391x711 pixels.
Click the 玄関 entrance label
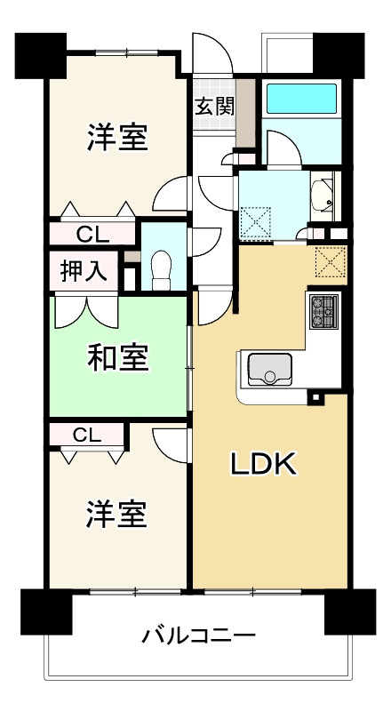214,107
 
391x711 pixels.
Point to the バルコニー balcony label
199,636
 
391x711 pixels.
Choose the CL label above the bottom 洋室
86,435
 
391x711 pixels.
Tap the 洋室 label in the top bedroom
116,138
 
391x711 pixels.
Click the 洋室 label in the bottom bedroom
116,514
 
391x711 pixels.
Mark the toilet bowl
161,268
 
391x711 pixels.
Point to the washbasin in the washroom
322,196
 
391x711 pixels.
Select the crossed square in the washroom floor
258,220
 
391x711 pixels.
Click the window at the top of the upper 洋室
128,52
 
